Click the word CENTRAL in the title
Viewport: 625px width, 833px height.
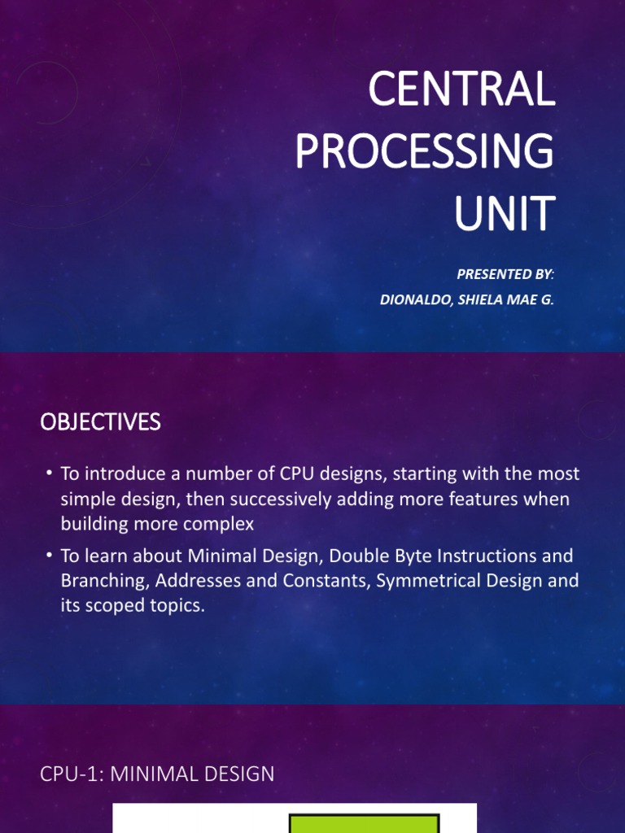(461, 89)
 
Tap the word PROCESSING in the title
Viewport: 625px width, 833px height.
(424, 151)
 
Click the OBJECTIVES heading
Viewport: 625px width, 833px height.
(101, 422)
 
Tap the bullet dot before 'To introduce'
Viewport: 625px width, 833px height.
(50, 473)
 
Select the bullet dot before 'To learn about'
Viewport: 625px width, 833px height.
(50, 556)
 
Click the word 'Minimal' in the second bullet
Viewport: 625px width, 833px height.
(229, 556)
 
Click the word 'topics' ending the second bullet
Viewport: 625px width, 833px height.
(173, 606)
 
